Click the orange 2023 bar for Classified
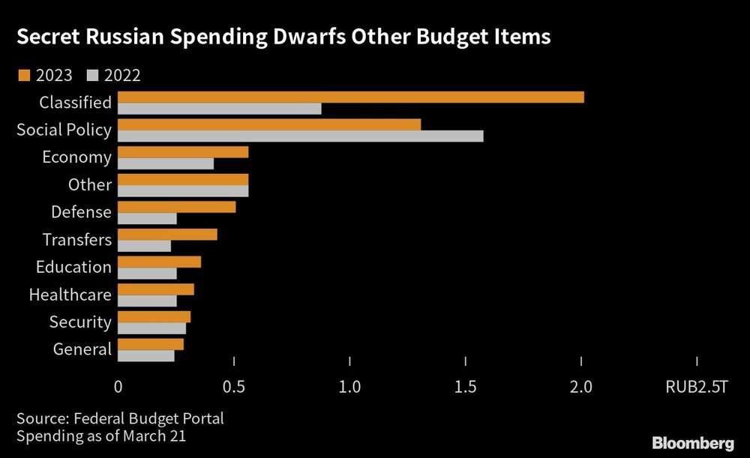coord(351,97)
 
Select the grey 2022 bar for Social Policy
coord(301,136)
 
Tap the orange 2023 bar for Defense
coord(177,207)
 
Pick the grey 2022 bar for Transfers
coord(145,246)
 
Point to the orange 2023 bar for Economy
coord(183,152)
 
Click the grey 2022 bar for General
coord(146,355)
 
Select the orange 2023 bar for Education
coord(160,262)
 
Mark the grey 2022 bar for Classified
coord(220,109)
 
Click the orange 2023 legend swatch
coord(22,74)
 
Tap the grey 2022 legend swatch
coord(94,74)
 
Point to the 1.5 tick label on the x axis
coord(466,388)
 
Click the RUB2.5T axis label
coord(697,388)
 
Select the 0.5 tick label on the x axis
coord(234,388)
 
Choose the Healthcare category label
coord(70,295)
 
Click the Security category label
coord(80,322)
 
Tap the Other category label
coord(90,184)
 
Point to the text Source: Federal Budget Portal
coord(120,418)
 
